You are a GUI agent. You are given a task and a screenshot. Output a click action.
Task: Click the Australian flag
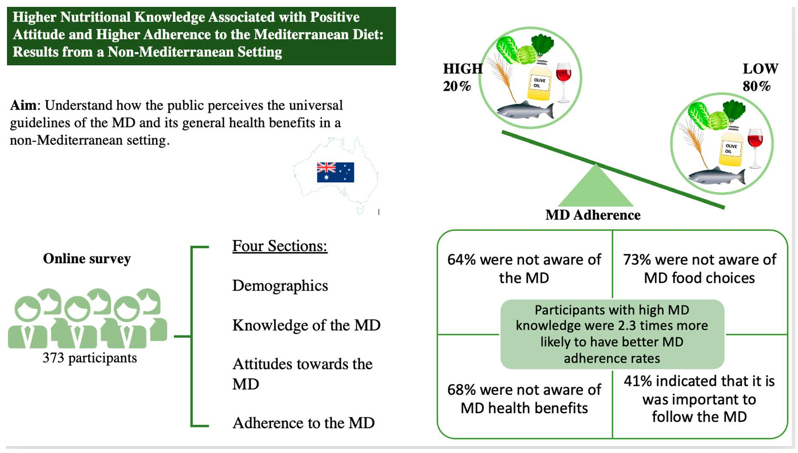coord(335,172)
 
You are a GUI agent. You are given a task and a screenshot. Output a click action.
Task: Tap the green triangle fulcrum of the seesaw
coord(596,186)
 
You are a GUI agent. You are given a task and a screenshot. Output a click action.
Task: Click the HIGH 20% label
coord(462,77)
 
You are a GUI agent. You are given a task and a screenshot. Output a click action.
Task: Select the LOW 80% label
coord(760,77)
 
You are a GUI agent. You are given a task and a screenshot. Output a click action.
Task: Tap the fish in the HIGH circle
coord(525,110)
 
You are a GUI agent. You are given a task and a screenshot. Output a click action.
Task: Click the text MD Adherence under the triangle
coord(593,215)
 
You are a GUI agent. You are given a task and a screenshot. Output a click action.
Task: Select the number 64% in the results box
coord(462,260)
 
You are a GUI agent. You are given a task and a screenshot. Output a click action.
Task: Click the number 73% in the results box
coord(637,260)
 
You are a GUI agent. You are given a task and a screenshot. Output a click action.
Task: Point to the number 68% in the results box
coord(462,390)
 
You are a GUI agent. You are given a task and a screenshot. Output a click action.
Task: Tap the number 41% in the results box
coord(638,381)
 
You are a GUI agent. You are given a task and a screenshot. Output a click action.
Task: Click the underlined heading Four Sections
coord(280,246)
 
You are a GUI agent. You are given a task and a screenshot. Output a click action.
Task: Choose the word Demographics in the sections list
coord(280,286)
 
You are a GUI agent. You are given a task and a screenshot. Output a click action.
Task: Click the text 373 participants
coord(90,357)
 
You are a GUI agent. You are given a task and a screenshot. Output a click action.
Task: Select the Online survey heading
coord(87,258)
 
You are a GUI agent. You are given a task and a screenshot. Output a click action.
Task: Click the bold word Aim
coord(24,105)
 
